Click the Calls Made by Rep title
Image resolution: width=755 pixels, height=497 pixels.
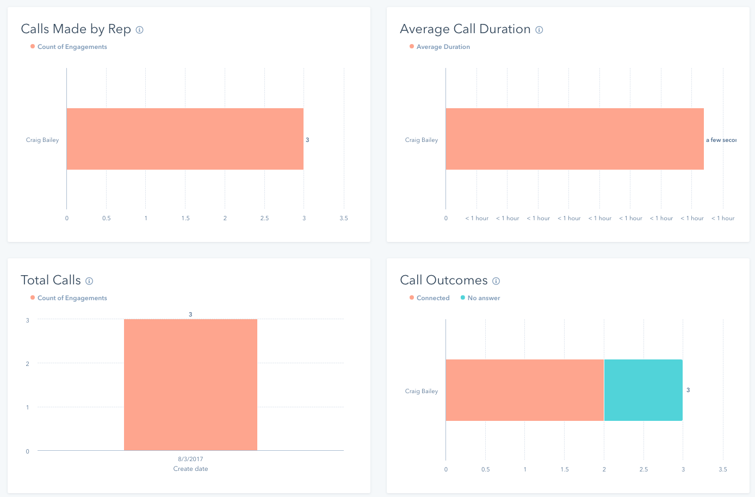[x=76, y=29]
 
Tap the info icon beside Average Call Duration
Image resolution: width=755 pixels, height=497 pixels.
[x=539, y=30]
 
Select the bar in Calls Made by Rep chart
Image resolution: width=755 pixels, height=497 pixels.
[x=185, y=139]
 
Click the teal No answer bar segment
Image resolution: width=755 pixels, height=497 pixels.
[x=643, y=390]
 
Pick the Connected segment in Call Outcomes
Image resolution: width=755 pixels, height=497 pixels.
[x=524, y=390]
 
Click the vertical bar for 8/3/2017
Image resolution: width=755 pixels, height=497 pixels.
[x=190, y=384]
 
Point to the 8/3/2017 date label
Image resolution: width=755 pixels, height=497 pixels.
[x=190, y=459]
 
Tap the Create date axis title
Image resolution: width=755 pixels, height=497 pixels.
[x=190, y=469]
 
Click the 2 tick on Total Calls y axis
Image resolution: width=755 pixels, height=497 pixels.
[x=28, y=364]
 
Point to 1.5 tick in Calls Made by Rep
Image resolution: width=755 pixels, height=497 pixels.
[x=185, y=218]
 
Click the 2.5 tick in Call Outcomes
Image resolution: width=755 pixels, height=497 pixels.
[x=643, y=469]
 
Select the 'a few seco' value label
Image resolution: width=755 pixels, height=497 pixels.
[x=721, y=140]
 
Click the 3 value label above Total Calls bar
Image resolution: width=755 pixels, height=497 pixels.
[x=190, y=314]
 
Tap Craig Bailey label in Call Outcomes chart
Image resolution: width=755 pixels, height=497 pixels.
[x=422, y=391]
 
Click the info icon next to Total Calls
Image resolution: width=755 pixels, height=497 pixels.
[x=89, y=281]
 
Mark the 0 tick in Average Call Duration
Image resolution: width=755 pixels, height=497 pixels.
[x=446, y=218]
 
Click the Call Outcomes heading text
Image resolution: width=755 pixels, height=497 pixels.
[x=443, y=281]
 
